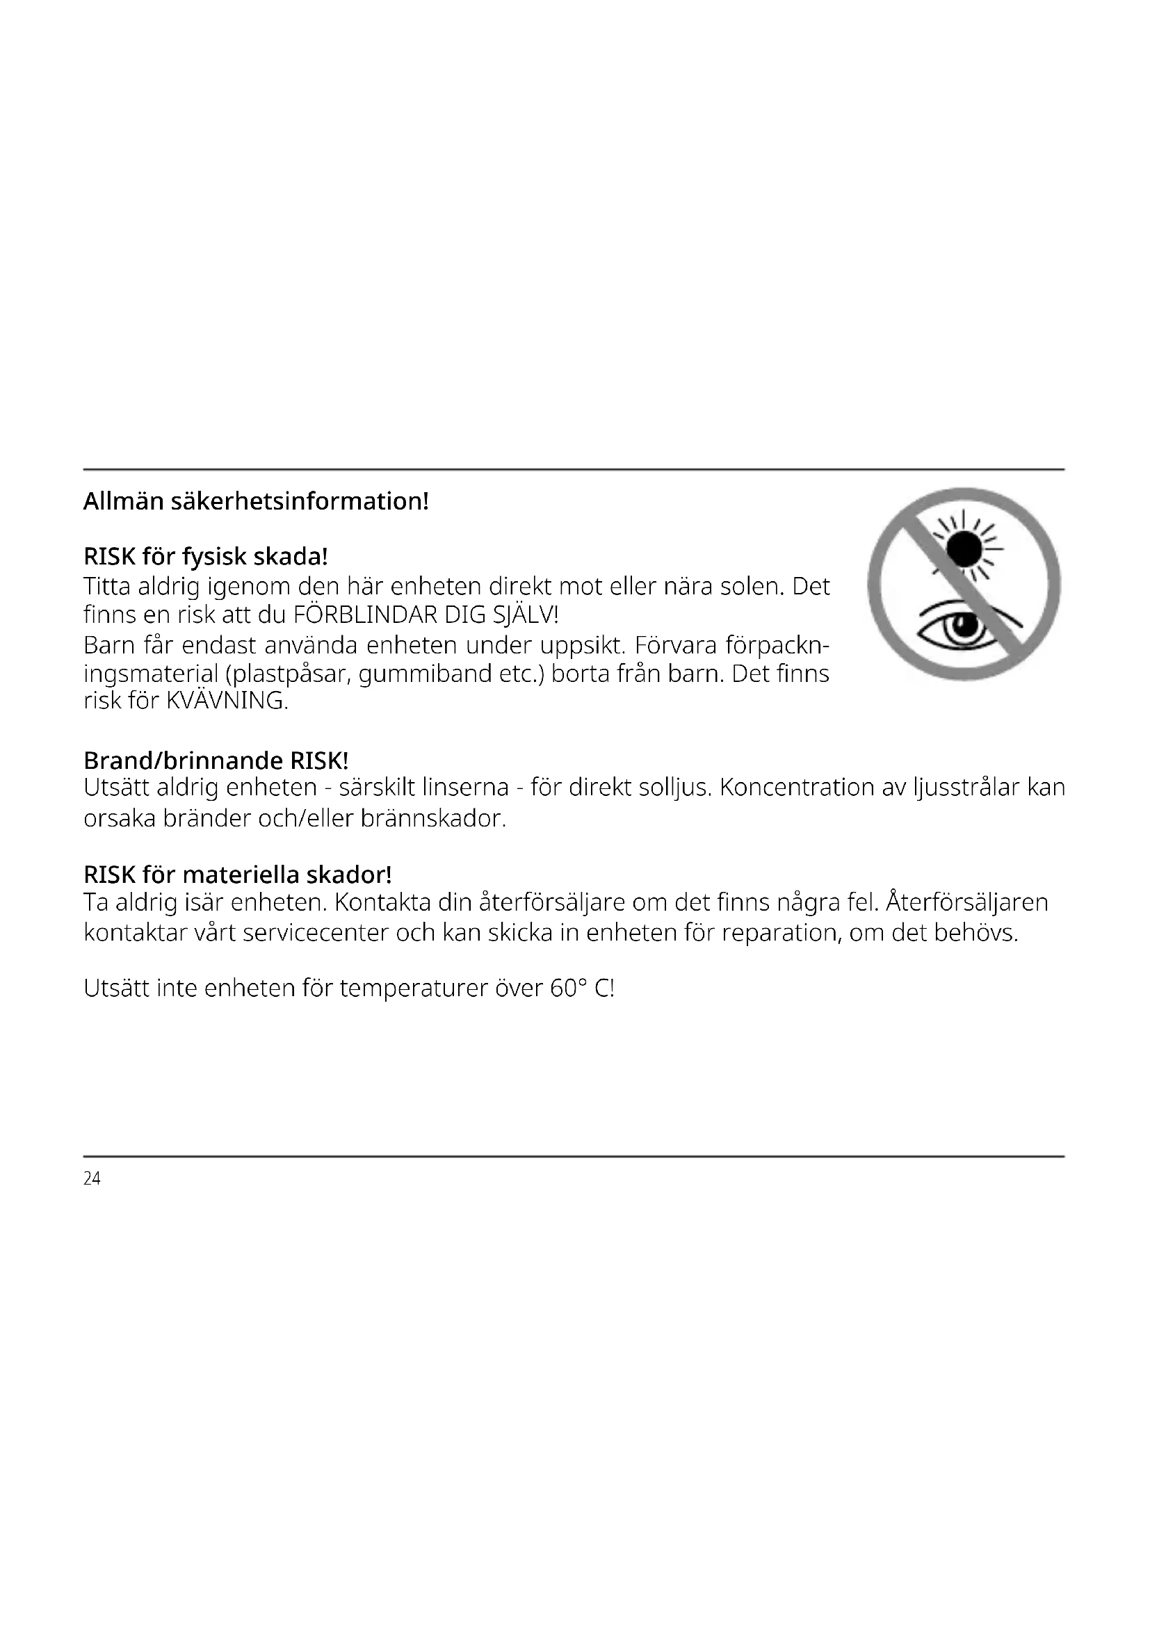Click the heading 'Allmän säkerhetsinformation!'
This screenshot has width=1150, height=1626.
pos(256,501)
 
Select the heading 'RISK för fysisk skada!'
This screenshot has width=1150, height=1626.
pos(205,557)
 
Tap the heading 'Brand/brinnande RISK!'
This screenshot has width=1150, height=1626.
pos(216,761)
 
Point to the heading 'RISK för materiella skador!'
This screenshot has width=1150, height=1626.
pos(237,875)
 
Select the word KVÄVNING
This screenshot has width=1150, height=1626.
pos(227,701)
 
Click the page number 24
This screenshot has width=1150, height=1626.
pos(92,1178)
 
